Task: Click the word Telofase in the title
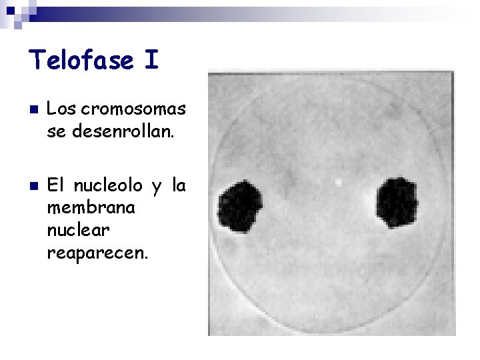pos(80,61)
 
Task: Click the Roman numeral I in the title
pos(151,61)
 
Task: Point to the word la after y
pos(178,186)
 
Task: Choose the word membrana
pos(91,208)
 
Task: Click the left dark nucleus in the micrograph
pos(241,208)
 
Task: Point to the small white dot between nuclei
pos(338,181)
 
